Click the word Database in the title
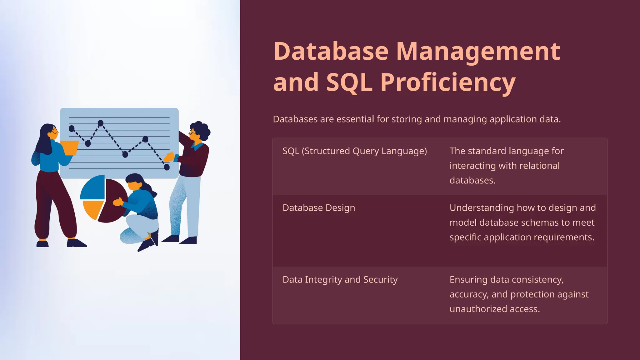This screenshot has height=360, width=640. click(331, 51)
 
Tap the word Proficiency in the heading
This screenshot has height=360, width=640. click(447, 82)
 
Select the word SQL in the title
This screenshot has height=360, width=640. click(349, 82)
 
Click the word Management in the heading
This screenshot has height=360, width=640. click(478, 51)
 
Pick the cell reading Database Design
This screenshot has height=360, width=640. click(318, 208)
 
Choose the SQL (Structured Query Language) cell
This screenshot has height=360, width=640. click(354, 151)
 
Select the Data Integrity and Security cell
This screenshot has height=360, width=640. click(340, 279)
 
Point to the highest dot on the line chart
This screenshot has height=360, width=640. click(101, 123)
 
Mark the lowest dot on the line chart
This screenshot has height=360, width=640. click(167, 167)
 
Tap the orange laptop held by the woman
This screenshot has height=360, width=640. click(70, 147)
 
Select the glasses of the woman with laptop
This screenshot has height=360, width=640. click(55, 131)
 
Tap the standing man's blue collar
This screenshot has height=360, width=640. click(197, 146)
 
